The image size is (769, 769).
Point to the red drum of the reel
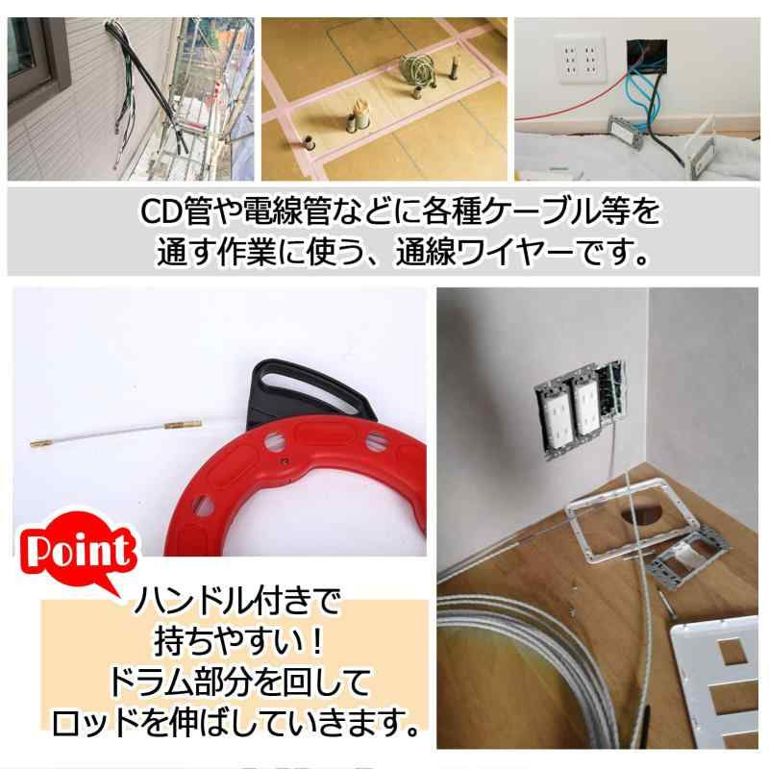317,490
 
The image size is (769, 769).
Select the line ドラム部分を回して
236,683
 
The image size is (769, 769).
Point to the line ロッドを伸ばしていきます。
236,723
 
